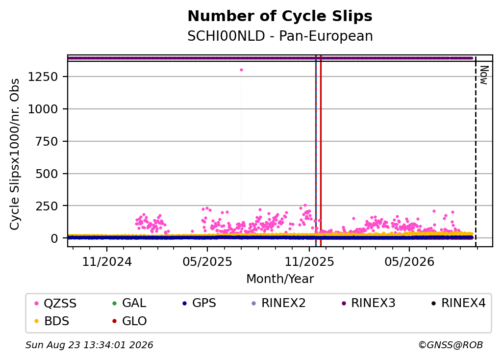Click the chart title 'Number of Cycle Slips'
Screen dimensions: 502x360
[280, 16]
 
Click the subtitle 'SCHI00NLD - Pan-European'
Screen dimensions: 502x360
[280, 36]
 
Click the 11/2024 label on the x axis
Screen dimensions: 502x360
[107, 262]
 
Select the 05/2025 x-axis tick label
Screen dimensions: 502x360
[207, 262]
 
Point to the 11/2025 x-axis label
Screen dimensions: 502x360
[309, 262]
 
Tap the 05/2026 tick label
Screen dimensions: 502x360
[409, 262]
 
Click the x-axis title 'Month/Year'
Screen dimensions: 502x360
[280, 279]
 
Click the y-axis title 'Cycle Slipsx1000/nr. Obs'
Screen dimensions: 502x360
[14, 154]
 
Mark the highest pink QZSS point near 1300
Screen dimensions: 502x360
[241, 70]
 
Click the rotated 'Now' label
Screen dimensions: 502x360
[484, 75]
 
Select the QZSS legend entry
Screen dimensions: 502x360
[55, 303]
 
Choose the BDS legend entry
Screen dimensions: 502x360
[51, 321]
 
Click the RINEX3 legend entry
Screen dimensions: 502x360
[369, 303]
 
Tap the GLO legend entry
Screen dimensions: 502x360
[129, 321]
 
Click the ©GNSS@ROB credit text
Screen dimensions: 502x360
[451, 345]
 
